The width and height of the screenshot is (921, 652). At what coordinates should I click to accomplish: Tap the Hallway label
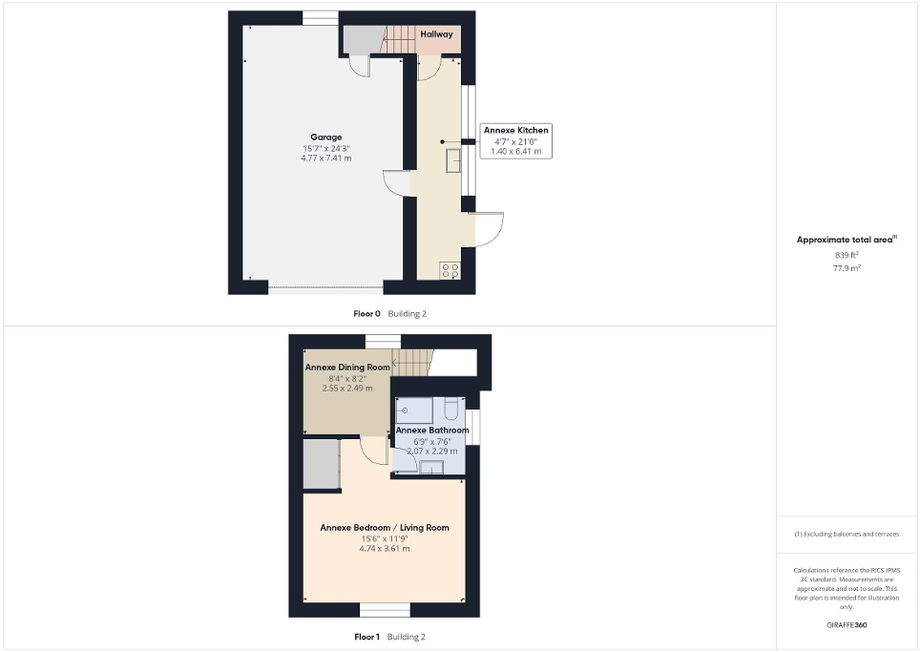point(437,34)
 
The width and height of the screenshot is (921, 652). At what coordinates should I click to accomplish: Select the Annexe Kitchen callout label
point(515,130)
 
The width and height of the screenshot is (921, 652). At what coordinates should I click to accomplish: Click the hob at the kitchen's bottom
point(450,270)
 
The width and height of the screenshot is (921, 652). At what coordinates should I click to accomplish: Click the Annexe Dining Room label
point(347,367)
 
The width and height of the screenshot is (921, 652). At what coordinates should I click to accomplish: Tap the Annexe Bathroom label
point(432,431)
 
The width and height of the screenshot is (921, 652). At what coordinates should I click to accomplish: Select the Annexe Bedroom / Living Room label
point(384,528)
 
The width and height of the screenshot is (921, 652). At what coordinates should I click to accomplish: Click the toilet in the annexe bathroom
point(452,410)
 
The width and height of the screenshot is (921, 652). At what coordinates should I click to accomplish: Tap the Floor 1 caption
point(367,637)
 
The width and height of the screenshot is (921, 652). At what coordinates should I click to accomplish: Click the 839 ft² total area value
point(847,255)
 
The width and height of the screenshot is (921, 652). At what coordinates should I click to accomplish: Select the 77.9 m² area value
point(847,269)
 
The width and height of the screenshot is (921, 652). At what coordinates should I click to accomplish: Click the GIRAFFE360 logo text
point(847,625)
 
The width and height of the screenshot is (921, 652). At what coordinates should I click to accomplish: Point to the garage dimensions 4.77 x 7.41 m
point(326,158)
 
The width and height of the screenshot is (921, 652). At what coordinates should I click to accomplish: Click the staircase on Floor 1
point(413,362)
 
